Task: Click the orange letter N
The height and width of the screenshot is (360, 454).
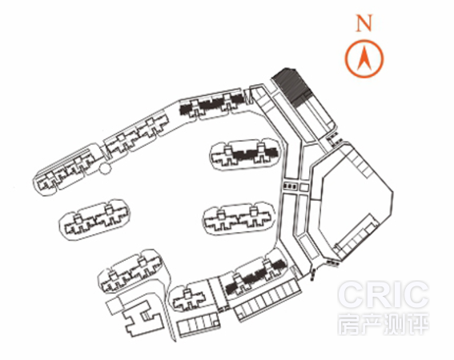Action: [364, 23]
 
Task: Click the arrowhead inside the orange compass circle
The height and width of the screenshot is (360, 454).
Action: [364, 58]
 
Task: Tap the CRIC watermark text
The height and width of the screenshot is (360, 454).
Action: [383, 294]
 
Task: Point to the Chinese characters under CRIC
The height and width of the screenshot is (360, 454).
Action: [383, 323]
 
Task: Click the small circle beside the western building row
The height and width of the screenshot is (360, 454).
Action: [105, 168]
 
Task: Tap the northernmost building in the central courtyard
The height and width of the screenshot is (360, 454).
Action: [245, 154]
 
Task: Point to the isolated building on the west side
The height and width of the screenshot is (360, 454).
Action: [95, 219]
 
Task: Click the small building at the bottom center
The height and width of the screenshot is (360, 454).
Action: [189, 299]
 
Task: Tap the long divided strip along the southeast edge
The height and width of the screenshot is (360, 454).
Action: [267, 299]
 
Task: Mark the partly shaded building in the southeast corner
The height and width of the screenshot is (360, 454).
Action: [255, 276]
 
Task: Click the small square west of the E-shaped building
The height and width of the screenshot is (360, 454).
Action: [115, 306]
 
